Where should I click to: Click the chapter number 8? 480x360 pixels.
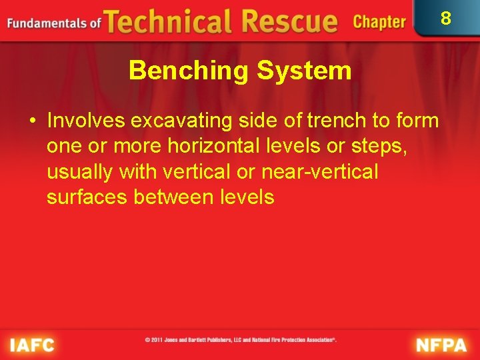click(x=446, y=18)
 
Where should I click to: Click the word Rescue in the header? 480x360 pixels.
click(x=287, y=22)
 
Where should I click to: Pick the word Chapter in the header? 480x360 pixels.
click(x=379, y=22)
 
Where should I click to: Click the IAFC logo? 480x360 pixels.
click(x=32, y=345)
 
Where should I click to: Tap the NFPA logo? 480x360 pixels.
click(x=442, y=345)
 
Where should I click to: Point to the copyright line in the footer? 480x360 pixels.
click(x=241, y=340)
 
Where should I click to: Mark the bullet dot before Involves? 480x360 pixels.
click(x=31, y=121)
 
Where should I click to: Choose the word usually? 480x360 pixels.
click(x=80, y=172)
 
